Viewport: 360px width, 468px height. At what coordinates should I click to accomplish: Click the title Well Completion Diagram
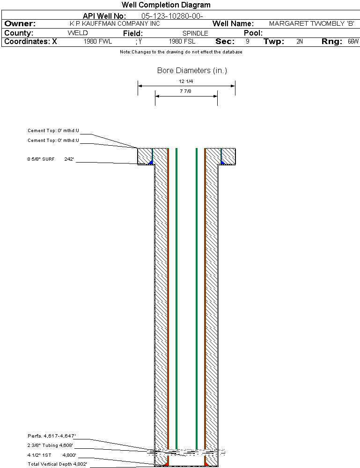(x=166, y=5)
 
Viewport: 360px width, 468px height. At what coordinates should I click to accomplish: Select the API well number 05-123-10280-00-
(x=172, y=16)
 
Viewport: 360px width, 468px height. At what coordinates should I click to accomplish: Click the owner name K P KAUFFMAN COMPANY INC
(x=115, y=23)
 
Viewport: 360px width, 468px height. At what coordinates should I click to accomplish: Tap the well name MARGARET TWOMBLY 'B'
(x=312, y=23)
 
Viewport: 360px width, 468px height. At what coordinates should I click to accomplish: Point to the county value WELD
(x=78, y=33)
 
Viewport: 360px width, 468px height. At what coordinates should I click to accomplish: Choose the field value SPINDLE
(x=195, y=33)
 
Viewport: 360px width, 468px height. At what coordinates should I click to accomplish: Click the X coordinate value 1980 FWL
(x=98, y=41)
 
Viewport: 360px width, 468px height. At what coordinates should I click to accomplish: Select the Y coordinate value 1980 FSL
(x=182, y=41)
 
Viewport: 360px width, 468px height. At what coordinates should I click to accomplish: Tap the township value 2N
(x=300, y=41)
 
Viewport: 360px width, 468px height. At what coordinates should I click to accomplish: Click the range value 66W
(x=353, y=41)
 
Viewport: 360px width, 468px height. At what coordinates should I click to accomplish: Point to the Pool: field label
(x=253, y=33)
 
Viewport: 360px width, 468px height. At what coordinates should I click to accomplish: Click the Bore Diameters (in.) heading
(x=192, y=70)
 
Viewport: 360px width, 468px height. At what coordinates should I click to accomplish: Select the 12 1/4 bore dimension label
(x=186, y=81)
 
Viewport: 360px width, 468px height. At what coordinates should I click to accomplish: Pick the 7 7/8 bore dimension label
(x=185, y=91)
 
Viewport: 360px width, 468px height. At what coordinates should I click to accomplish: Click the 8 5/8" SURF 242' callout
(x=51, y=159)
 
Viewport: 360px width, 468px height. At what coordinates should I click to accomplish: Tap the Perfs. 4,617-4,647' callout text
(x=51, y=436)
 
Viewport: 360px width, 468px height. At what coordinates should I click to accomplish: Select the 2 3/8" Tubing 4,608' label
(x=50, y=446)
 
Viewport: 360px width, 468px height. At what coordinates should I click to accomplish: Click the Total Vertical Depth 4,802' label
(x=57, y=464)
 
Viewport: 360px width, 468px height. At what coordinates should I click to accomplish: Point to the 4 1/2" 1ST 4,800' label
(x=52, y=455)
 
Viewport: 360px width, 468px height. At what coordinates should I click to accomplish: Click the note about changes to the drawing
(x=181, y=52)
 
